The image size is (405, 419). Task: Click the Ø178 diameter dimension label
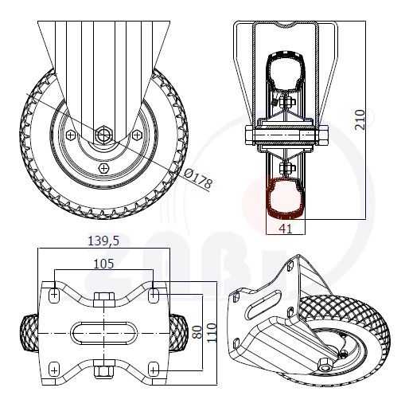coord(198,178)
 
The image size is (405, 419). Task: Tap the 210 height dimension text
coord(360,119)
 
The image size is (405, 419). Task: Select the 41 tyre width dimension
coord(286,229)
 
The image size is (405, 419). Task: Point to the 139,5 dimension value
coord(103,241)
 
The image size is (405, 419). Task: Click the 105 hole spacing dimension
coord(103,264)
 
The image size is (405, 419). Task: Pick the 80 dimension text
coord(197,332)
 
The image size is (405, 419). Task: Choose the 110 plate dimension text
coord(212,333)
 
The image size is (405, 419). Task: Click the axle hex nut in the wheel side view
coord(103,135)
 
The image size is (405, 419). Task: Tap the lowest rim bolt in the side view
coord(104,168)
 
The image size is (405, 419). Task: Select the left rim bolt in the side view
coord(71,135)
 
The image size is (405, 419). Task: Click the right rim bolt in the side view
coord(137,135)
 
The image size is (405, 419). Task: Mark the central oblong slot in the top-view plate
coord(104,333)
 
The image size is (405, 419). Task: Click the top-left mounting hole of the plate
coord(54,295)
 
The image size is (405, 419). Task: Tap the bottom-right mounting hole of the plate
coord(154,370)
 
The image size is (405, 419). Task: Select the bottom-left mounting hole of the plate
coord(54,370)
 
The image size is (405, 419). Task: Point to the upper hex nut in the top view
coord(104,300)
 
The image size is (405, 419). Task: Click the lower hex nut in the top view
coord(104,369)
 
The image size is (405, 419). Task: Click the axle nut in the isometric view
coord(325,366)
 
